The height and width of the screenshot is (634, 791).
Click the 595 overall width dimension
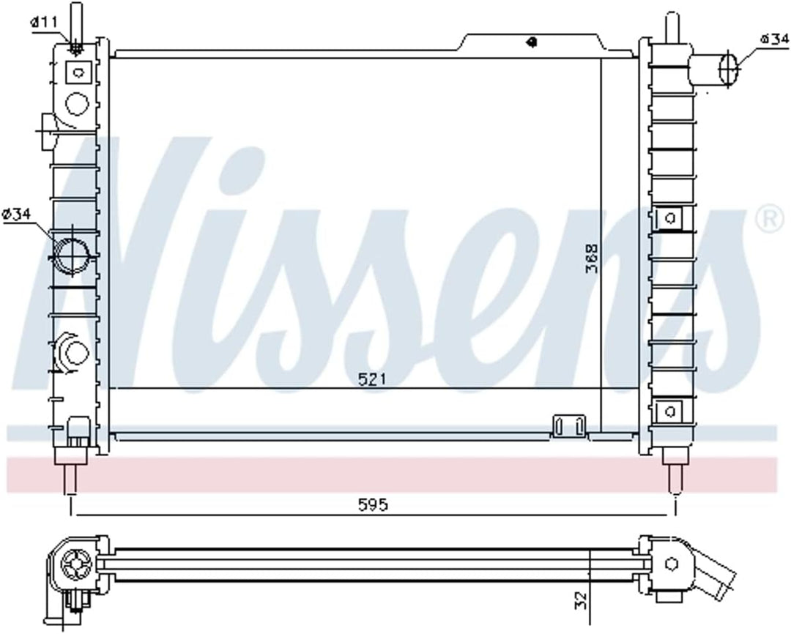coord(374,505)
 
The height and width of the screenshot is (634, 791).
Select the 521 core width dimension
coord(372,378)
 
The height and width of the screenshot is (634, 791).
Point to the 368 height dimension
coord(591,258)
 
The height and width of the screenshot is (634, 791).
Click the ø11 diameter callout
coord(43,22)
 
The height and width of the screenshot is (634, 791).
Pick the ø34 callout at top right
coord(773,39)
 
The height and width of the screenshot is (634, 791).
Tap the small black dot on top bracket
coord(530,42)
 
